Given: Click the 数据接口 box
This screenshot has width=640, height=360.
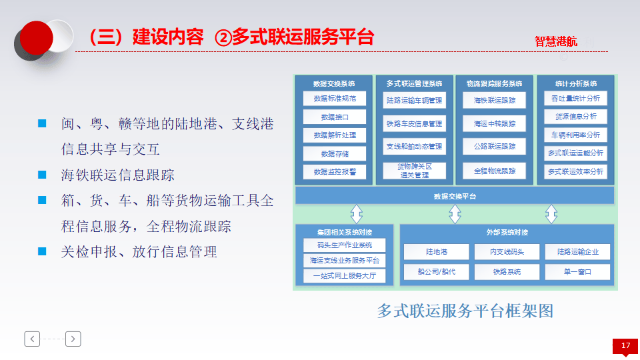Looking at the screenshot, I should (335, 117).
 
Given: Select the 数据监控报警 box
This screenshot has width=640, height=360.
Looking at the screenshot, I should (335, 171).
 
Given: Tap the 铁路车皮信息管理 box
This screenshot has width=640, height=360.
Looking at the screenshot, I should (414, 123).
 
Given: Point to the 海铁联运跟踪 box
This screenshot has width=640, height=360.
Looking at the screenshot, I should (494, 101).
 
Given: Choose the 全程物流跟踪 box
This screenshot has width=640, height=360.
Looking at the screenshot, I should (494, 171).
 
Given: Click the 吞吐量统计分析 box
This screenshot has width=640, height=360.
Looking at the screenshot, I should (575, 98).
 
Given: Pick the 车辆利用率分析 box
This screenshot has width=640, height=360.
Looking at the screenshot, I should (575, 135).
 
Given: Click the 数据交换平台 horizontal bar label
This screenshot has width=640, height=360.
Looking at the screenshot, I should (455, 196).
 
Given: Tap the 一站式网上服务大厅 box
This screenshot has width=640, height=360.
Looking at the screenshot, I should (345, 275).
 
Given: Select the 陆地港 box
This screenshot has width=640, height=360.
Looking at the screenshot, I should (437, 252).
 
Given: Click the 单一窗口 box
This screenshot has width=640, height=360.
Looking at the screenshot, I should (577, 271).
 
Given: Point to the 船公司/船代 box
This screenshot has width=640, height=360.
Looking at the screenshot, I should (437, 271).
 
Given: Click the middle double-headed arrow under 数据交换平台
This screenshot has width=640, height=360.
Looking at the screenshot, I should (455, 214).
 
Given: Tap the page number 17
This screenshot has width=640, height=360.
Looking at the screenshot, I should (625, 345).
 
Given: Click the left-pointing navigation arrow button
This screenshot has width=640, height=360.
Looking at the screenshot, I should (33, 339).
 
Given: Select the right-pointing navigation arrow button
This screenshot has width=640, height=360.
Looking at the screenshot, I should (73, 339).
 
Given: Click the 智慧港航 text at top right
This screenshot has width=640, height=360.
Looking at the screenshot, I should (556, 41).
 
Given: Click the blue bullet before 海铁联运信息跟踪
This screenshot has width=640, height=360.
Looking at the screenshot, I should (43, 175).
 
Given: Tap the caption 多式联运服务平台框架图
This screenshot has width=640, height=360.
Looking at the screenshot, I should (465, 311).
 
